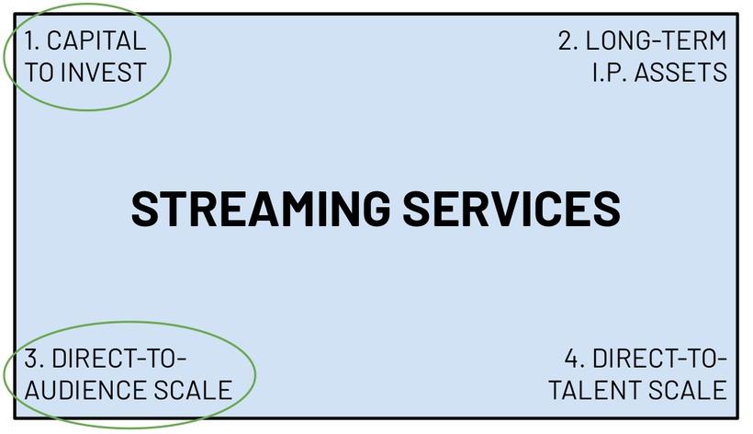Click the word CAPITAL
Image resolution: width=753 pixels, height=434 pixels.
tap(96, 40)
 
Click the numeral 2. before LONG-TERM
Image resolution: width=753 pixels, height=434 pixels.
tap(568, 40)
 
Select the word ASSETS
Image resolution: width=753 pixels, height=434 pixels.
tap(685, 72)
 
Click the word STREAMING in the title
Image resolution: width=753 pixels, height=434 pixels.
tap(256, 209)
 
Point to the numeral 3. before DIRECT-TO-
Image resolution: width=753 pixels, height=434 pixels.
tap(34, 358)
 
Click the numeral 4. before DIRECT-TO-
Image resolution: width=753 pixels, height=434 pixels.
tap(575, 358)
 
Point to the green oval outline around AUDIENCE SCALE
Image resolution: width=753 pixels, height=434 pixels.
tap(254, 372)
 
